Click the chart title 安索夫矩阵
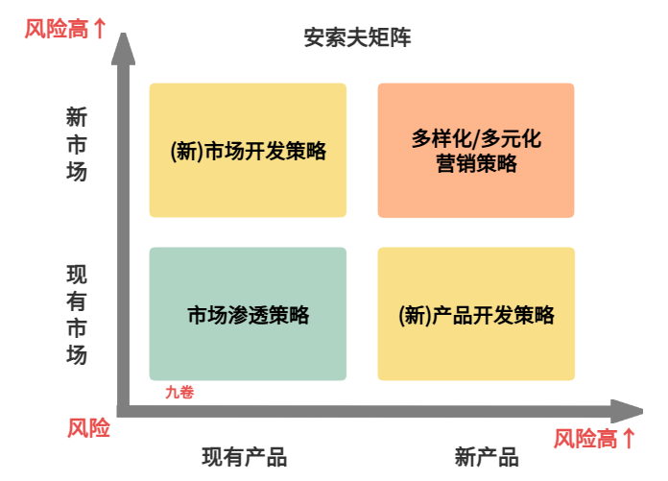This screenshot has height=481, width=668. click(358, 38)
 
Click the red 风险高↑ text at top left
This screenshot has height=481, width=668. click(65, 29)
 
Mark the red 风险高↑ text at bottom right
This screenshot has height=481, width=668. click(595, 439)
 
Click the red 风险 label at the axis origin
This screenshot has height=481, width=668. click(88, 428)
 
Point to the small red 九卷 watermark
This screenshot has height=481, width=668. click(179, 392)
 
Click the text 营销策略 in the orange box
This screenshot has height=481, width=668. click(476, 163)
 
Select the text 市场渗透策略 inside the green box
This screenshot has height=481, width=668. click(248, 314)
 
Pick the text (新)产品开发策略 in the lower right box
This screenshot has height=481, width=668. click(476, 314)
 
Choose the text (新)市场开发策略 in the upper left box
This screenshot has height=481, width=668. click(248, 151)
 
